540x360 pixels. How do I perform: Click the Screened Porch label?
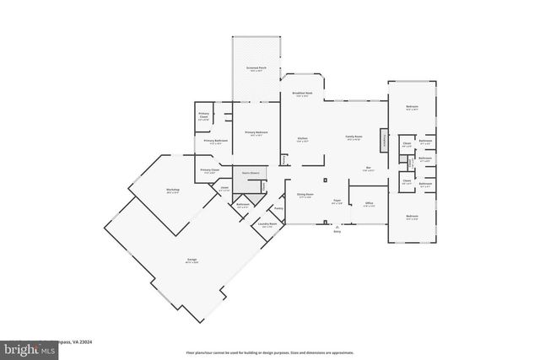tap(256, 67)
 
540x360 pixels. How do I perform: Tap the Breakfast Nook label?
tap(302, 94)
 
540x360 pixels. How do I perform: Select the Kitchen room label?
tap(302, 138)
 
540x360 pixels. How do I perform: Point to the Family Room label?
tap(353, 138)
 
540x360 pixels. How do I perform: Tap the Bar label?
tap(368, 169)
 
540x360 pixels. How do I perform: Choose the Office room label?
tap(369, 203)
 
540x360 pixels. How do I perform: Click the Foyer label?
tap(336, 201)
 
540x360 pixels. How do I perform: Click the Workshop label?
tap(172, 191)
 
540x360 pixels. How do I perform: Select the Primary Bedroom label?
tap(256, 132)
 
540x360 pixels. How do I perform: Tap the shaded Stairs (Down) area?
tap(249, 175)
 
